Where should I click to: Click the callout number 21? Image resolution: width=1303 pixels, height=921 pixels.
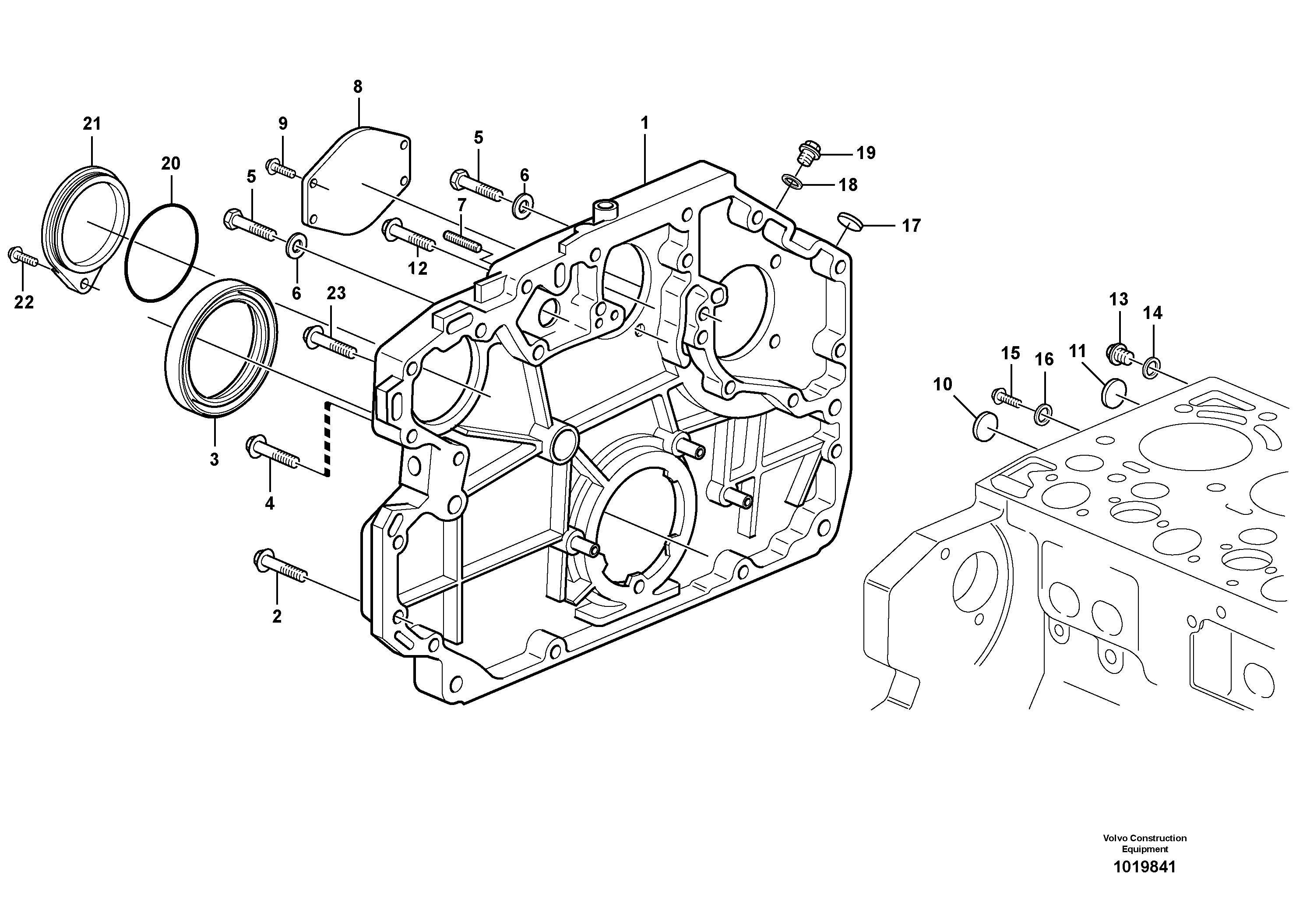tap(92, 124)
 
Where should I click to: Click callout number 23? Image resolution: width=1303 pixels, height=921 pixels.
tap(336, 294)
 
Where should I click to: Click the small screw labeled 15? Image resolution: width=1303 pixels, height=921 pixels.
tap(1006, 398)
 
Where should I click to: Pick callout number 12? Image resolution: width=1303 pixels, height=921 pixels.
tap(418, 269)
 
